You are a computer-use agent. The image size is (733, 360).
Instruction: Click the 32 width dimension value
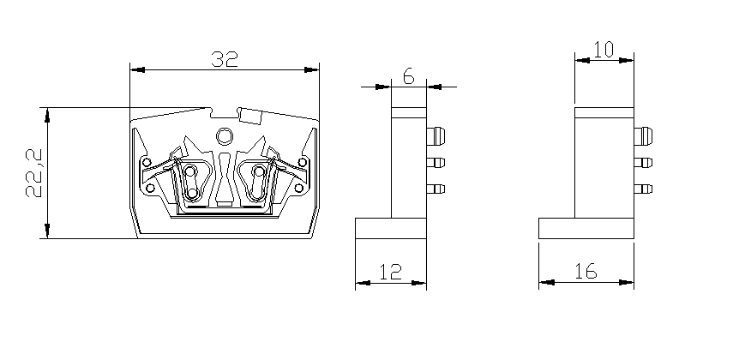pyautogui.click(x=224, y=58)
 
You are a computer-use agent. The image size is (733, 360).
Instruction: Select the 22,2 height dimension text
pyautogui.click(x=33, y=171)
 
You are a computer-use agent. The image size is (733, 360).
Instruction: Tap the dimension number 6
pyautogui.click(x=408, y=76)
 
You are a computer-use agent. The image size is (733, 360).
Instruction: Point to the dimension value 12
pyautogui.click(x=390, y=272)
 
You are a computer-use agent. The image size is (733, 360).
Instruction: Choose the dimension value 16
pyautogui.click(x=586, y=272)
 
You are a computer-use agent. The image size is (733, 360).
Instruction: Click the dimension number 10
pyautogui.click(x=604, y=50)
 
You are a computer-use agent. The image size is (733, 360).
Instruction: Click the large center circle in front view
pyautogui.click(x=225, y=135)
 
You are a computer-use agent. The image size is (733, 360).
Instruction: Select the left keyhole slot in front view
pyautogui.click(x=192, y=181)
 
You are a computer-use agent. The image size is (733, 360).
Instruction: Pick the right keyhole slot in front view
pyautogui.click(x=256, y=181)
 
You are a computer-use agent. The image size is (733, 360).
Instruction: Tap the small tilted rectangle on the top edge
pyautogui.click(x=250, y=115)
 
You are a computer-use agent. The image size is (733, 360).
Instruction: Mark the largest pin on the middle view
pyautogui.click(x=436, y=136)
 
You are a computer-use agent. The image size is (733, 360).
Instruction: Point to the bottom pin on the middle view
pyautogui.click(x=436, y=189)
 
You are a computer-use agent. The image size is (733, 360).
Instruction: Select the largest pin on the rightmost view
pyautogui.click(x=644, y=136)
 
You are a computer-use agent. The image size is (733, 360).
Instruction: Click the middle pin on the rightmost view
pyautogui.click(x=644, y=163)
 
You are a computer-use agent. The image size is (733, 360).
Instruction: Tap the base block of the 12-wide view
pyautogui.click(x=390, y=229)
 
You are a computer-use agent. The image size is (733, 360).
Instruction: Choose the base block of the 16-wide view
pyautogui.click(x=586, y=229)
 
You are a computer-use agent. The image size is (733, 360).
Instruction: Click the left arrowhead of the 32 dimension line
pyautogui.click(x=135, y=68)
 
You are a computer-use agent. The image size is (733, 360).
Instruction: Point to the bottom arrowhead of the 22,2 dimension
pyautogui.click(x=47, y=232)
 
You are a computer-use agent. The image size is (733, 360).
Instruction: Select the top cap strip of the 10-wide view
pyautogui.click(x=604, y=111)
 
